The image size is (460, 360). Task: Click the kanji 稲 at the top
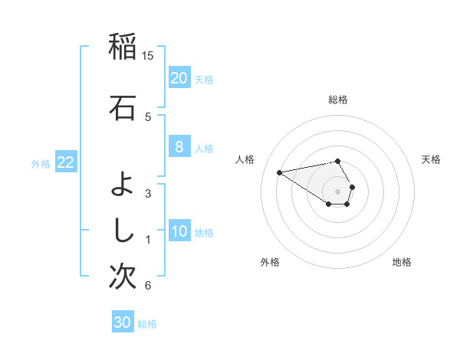[x=122, y=47]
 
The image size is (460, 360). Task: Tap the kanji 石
[x=122, y=107]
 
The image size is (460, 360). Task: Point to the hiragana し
[x=122, y=228]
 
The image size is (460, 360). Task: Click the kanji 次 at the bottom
[x=122, y=277]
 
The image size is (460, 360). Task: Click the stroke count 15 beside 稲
[x=148, y=55]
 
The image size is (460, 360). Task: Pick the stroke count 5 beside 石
[x=148, y=116]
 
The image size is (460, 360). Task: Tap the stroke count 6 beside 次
[x=148, y=286]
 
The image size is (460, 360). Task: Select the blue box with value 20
[x=179, y=78]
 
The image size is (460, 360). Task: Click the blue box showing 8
[x=179, y=148]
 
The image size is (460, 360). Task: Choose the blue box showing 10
[x=179, y=232]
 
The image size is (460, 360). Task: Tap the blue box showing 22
[x=65, y=162]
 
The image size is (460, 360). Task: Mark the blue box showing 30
[x=122, y=322]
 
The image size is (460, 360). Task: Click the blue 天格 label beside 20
[x=204, y=79]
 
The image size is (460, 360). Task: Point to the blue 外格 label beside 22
[x=41, y=163]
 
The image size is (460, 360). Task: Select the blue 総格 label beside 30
[x=147, y=324]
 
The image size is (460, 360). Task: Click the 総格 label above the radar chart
[x=337, y=100]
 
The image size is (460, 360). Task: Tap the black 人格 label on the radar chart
[x=245, y=159]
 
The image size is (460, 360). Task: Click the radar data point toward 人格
[x=279, y=172]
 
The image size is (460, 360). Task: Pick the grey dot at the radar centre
[x=337, y=191]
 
